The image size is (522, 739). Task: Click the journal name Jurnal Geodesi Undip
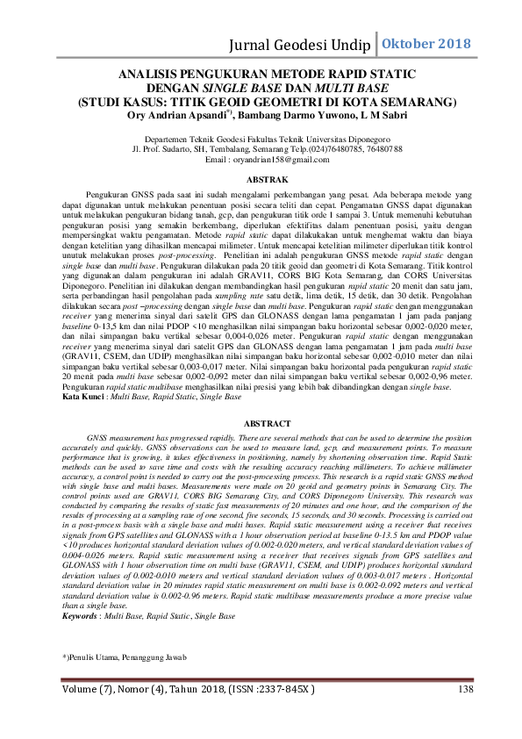(301, 44)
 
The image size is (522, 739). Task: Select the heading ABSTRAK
(261, 179)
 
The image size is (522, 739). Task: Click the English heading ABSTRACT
(261, 423)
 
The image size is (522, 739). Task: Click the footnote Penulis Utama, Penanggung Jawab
(119, 657)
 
